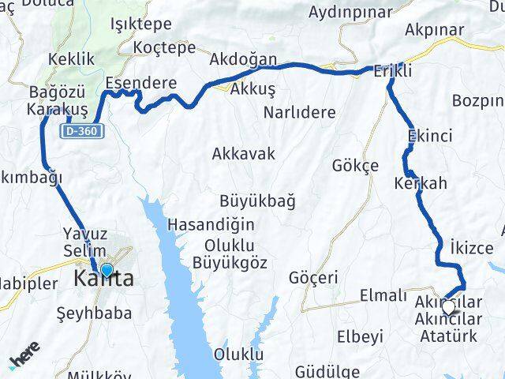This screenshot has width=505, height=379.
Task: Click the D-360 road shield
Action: pos(82,131)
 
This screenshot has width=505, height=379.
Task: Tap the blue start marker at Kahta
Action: pos(107,270)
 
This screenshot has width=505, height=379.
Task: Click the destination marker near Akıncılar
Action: pos(450,307)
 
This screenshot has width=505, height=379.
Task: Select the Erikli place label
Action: pos(393,70)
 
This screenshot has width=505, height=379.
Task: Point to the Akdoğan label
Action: pos(244,60)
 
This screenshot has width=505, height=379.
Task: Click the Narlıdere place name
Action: pos(301,111)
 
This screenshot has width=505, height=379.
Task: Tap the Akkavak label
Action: pos(244,154)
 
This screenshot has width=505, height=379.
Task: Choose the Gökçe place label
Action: pos(356,166)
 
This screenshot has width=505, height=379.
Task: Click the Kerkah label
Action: pos(420,183)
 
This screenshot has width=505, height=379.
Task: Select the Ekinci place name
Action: pos(430,137)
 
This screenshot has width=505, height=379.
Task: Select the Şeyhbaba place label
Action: pos(95,313)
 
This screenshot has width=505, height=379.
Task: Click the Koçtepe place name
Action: pos(165,47)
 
